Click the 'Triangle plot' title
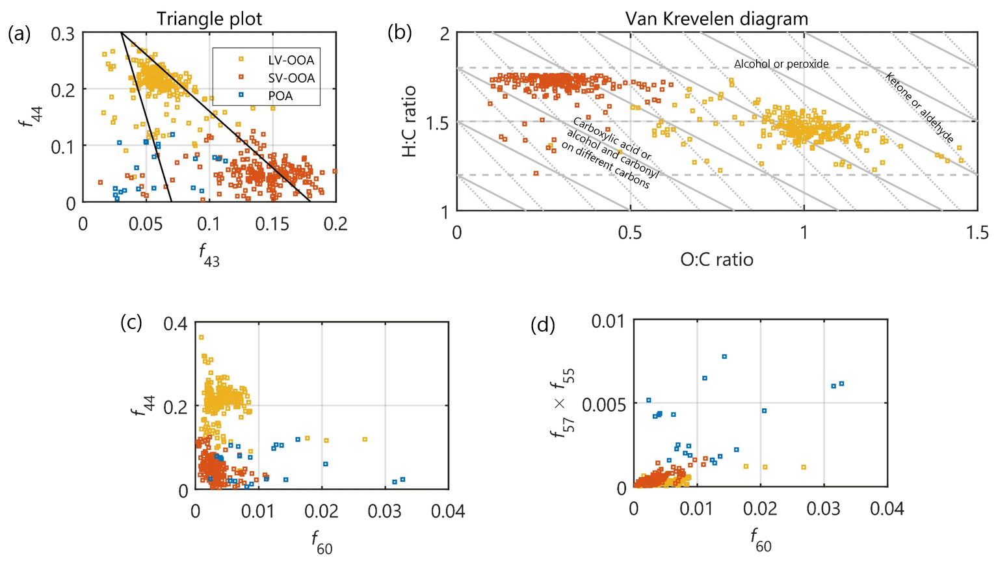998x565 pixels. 209,19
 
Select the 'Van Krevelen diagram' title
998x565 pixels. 716,19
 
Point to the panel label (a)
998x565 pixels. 19,33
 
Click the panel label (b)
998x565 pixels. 399,33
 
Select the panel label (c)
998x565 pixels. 131,322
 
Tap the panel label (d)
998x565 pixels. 542,324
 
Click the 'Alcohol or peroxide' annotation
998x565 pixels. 781,64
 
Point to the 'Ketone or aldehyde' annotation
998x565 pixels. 919,107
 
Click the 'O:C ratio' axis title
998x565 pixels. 716,259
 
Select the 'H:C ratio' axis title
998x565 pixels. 409,122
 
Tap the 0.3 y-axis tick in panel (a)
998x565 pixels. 63,33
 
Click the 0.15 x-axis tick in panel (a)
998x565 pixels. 272,224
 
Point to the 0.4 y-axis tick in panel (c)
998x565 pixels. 175,324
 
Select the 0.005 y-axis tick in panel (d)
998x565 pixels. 604,405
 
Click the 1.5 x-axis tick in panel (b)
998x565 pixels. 977,232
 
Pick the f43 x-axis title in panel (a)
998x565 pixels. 209,254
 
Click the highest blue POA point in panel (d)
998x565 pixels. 724,356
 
